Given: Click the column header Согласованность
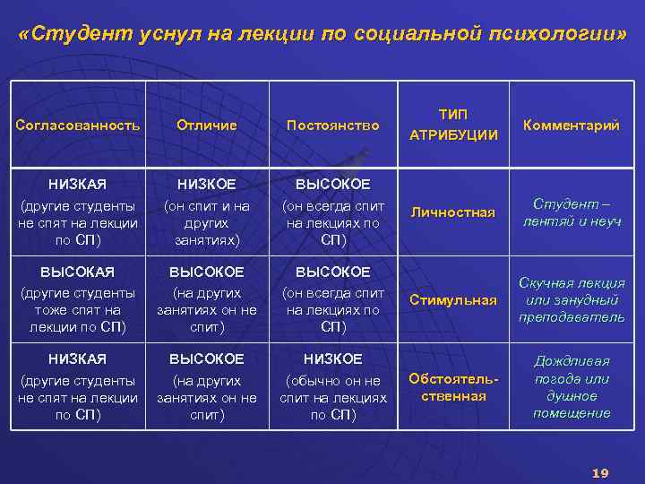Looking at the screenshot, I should [x=78, y=125].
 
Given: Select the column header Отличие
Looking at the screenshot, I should [x=207, y=125].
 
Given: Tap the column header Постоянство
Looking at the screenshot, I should [x=332, y=125].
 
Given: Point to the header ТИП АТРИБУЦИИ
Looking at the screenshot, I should [x=452, y=125].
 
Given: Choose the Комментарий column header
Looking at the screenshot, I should [x=571, y=125].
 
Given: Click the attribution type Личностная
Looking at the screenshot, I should [x=452, y=212].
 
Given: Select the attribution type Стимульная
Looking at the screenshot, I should [x=452, y=300].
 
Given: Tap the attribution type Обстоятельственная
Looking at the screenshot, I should [x=452, y=387].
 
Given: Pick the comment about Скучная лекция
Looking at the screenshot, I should [x=571, y=300].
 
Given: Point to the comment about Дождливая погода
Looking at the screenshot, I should [x=571, y=387].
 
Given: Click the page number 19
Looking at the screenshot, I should [x=600, y=472].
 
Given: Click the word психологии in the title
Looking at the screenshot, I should [x=562, y=37].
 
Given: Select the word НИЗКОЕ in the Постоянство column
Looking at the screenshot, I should [x=332, y=359].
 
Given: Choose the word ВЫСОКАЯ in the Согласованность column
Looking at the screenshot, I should [x=78, y=272].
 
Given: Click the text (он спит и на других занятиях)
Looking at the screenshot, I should [x=207, y=223].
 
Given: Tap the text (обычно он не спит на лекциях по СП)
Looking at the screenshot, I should [x=332, y=398].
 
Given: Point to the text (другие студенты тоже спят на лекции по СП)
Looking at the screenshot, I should [x=78, y=310].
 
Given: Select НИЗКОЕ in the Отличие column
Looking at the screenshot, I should [x=207, y=185].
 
